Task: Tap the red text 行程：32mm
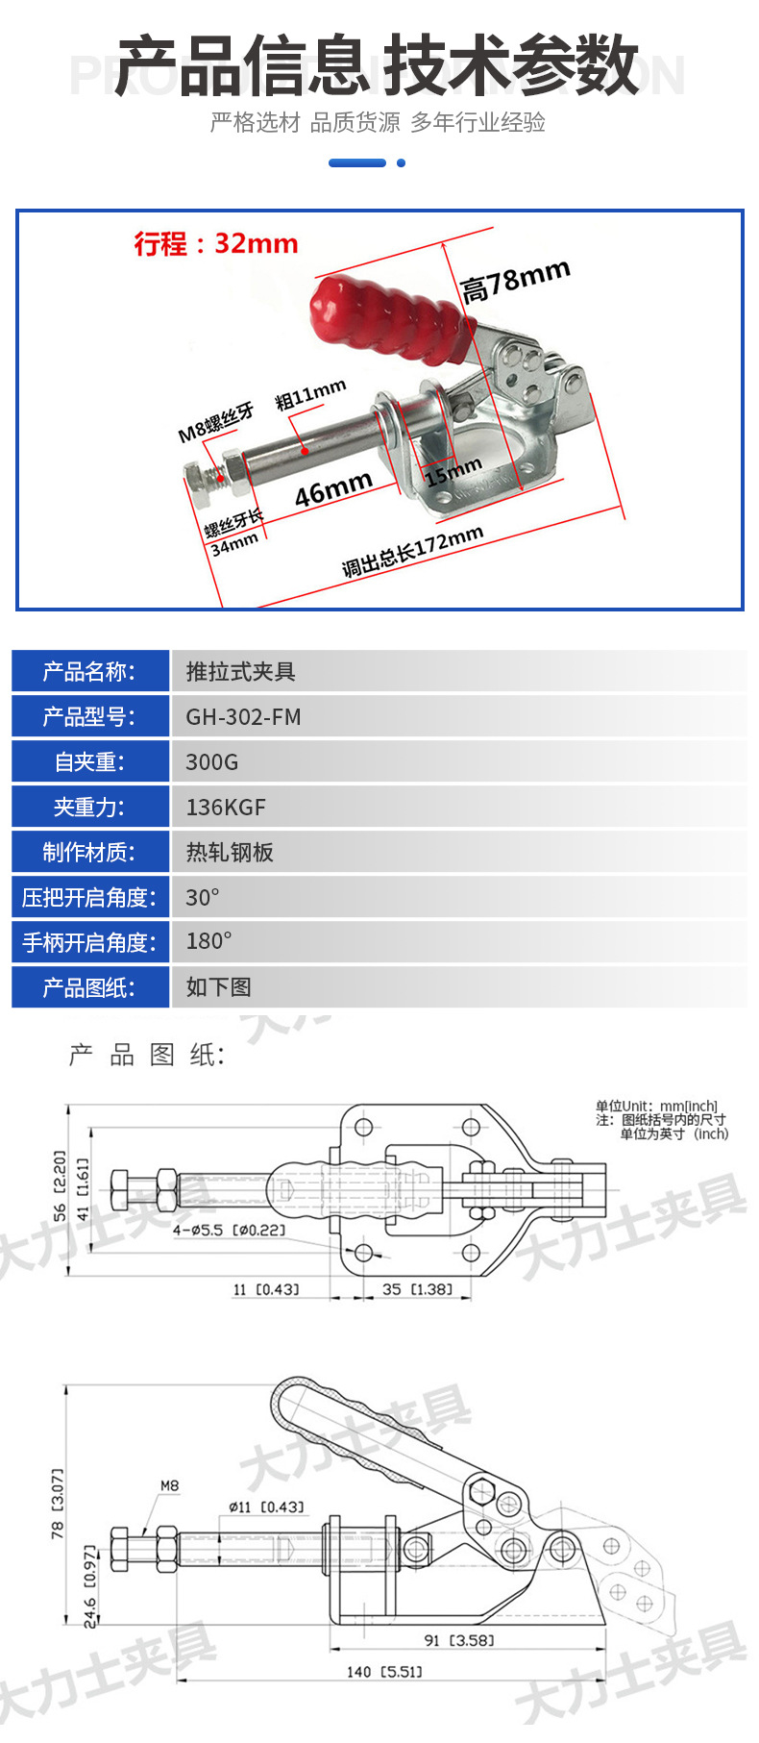[216, 243]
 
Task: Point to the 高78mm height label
[516, 280]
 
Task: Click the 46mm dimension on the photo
[333, 489]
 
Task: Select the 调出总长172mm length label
[412, 552]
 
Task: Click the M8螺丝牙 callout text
[216, 422]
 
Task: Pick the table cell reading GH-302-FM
[243, 717]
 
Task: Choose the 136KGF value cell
[226, 808]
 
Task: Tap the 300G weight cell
[211, 762]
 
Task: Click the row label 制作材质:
[89, 853]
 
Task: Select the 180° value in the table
[208, 942]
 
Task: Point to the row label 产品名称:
[89, 672]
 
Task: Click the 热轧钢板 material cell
[230, 853]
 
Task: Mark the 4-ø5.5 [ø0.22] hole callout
[229, 1230]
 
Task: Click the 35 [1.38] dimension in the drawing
[416, 1288]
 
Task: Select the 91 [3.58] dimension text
[458, 1640]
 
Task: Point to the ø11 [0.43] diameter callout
[266, 1506]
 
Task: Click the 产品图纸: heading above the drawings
[146, 1056]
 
